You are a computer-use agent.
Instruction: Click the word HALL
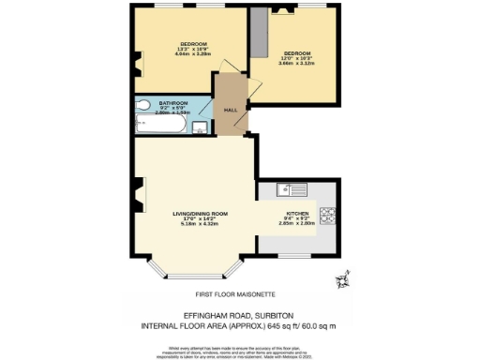pyautogui.click(x=229, y=110)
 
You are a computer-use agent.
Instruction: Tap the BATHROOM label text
pyautogui.click(x=172, y=102)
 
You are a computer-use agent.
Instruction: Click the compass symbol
pyautogui.click(x=343, y=278)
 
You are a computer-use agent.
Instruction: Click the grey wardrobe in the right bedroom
pyautogui.click(x=260, y=36)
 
